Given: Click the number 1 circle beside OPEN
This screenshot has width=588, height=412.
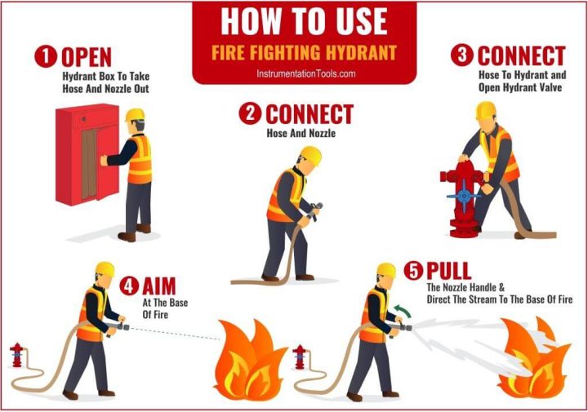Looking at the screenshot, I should [x=46, y=56].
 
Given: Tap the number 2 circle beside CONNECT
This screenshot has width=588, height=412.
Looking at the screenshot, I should [x=250, y=114].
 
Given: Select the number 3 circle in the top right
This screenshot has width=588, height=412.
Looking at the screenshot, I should [x=462, y=55].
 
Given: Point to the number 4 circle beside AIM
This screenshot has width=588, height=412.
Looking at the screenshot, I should [x=129, y=286].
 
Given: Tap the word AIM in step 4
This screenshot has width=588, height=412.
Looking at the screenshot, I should [x=158, y=286].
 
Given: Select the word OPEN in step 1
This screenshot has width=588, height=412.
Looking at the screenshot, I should [x=87, y=56].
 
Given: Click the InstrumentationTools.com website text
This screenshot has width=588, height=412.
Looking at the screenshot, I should [x=304, y=73].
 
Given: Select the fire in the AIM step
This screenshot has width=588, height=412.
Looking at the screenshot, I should [x=250, y=359].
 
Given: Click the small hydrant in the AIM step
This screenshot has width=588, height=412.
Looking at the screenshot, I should [x=16, y=356].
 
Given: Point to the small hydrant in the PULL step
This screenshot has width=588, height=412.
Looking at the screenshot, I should [x=300, y=357].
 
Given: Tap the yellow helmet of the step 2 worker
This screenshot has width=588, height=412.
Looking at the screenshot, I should [x=310, y=154].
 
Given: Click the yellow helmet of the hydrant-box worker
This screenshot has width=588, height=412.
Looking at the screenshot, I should [x=136, y=115].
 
